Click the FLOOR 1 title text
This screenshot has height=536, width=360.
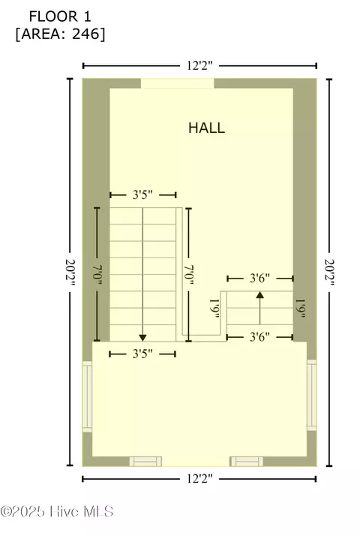(x=60, y=17)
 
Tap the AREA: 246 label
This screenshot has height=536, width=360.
(x=61, y=35)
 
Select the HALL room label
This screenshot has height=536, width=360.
(x=207, y=128)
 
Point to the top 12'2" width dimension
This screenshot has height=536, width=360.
(x=199, y=65)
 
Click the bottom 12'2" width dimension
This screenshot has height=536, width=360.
(x=199, y=478)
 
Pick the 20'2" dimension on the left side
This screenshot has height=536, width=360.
(x=70, y=272)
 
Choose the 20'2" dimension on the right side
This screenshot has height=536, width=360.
(x=329, y=272)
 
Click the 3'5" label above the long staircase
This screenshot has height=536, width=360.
(x=142, y=195)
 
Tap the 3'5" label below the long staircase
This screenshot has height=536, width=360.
(x=142, y=354)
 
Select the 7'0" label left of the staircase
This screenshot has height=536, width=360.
(x=97, y=276)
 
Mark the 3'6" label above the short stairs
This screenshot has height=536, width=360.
(x=259, y=279)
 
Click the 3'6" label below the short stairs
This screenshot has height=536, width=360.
(x=259, y=337)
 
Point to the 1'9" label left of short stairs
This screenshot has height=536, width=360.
(x=214, y=309)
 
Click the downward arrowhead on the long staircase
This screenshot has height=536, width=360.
(x=142, y=338)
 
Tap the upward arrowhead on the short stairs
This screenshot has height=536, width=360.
(x=260, y=295)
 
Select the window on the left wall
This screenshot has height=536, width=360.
(x=87, y=396)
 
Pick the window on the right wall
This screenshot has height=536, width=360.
(x=311, y=395)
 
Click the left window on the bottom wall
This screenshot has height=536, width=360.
(x=145, y=461)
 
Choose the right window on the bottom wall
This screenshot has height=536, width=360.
(x=246, y=461)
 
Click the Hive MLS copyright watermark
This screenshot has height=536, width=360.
(x=57, y=512)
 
